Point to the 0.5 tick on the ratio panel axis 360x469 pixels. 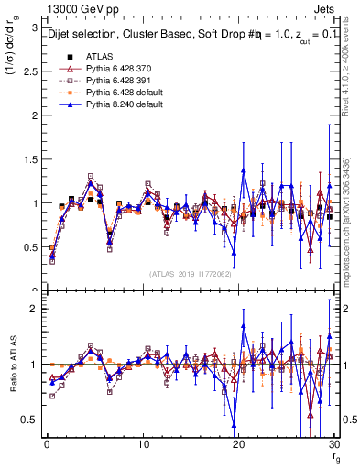(x=29, y=420)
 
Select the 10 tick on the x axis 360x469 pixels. (x=143, y=444)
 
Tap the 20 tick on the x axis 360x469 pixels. (x=239, y=444)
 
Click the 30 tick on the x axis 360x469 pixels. (x=334, y=444)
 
